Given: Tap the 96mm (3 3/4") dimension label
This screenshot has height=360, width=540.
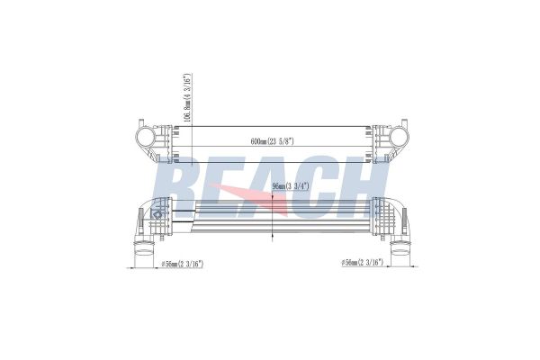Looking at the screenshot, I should (x=293, y=186).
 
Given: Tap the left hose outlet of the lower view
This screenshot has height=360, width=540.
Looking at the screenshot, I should (x=142, y=256).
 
